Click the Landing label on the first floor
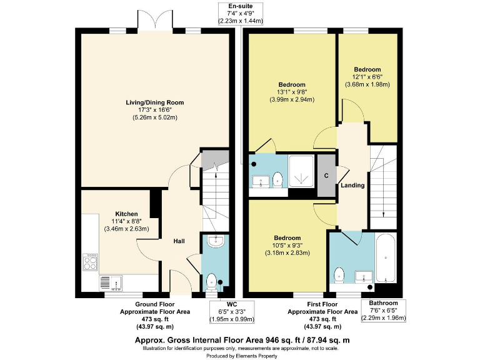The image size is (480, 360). tap(352, 185)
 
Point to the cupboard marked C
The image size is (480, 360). tap(326, 176)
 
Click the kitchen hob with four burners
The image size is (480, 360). tap(90, 261)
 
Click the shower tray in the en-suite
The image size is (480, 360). tap(302, 171)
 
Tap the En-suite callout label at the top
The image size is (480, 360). tap(241, 13)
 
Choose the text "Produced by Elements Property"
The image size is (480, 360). tap(240, 356)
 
